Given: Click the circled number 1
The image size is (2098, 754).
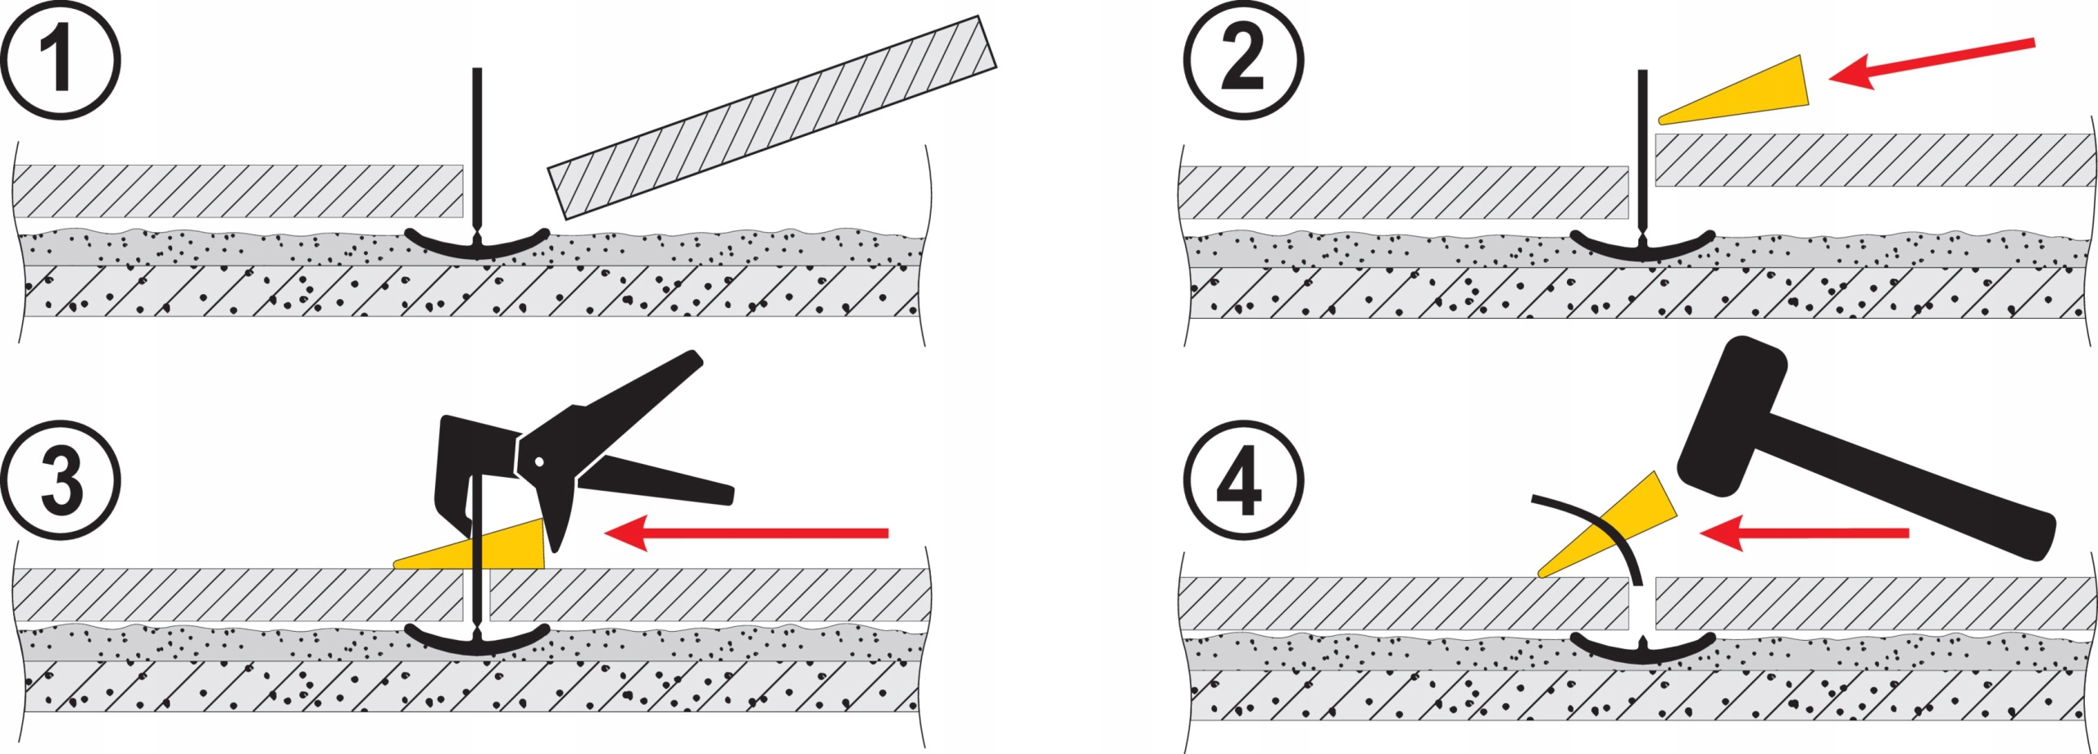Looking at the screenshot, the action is coord(60,60).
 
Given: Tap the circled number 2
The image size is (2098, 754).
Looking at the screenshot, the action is coord(1242,60).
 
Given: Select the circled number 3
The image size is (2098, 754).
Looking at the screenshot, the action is coord(60,480).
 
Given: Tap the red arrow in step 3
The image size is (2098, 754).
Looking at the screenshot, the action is coord(746,534).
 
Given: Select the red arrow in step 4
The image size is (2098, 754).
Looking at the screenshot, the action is coord(1803,534).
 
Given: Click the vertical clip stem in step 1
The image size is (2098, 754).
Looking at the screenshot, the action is coord(477,148).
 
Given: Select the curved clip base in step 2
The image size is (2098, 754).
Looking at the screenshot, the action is coord(1642,248).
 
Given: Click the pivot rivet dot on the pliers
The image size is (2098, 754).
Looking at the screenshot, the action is coord(539,461).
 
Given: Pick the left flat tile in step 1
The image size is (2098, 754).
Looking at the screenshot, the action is coord(238,191).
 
